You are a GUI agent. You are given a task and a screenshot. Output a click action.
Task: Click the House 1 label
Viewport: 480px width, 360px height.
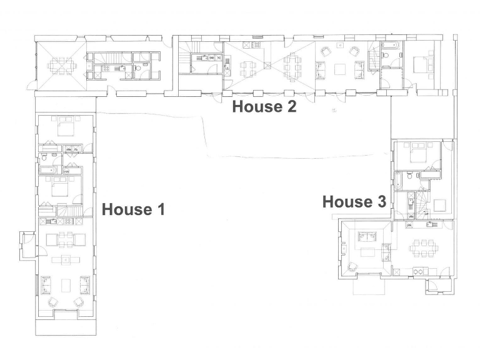click(x=133, y=209)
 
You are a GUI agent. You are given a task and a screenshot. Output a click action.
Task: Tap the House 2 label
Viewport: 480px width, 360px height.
click(x=264, y=106)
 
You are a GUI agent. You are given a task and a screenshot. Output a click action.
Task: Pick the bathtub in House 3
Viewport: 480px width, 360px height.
click(x=397, y=182)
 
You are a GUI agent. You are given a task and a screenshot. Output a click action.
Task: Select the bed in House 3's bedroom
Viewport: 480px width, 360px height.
click(x=417, y=153)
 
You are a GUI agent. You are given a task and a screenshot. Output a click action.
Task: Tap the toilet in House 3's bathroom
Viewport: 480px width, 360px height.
click(x=407, y=177)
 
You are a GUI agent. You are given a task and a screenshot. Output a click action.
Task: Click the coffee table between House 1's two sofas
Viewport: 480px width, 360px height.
click(x=65, y=286)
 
